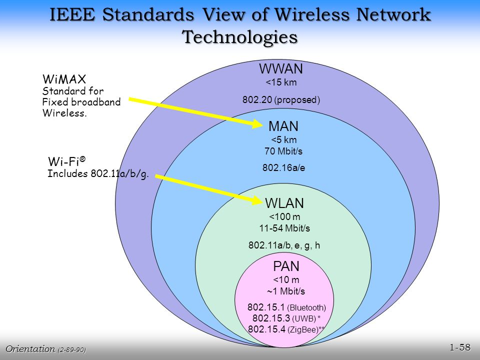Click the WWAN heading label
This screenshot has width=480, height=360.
(x=281, y=69)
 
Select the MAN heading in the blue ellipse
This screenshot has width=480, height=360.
(x=283, y=126)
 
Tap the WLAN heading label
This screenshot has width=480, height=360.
(x=284, y=203)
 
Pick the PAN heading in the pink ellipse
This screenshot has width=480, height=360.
(x=286, y=267)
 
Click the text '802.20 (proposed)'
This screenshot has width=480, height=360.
(x=281, y=99)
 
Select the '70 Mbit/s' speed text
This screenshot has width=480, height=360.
(x=283, y=151)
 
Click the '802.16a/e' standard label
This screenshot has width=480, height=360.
(x=283, y=168)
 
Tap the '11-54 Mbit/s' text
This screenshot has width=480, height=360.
(x=284, y=228)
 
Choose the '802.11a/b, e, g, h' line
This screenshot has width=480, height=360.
(x=284, y=245)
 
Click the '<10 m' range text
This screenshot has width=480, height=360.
(x=286, y=280)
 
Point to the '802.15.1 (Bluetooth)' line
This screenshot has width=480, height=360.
(x=286, y=307)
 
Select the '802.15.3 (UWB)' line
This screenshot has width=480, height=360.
(x=286, y=318)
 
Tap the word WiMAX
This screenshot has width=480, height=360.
(x=64, y=79)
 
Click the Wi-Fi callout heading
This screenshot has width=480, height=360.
(x=67, y=161)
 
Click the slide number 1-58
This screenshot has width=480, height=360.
(x=460, y=347)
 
